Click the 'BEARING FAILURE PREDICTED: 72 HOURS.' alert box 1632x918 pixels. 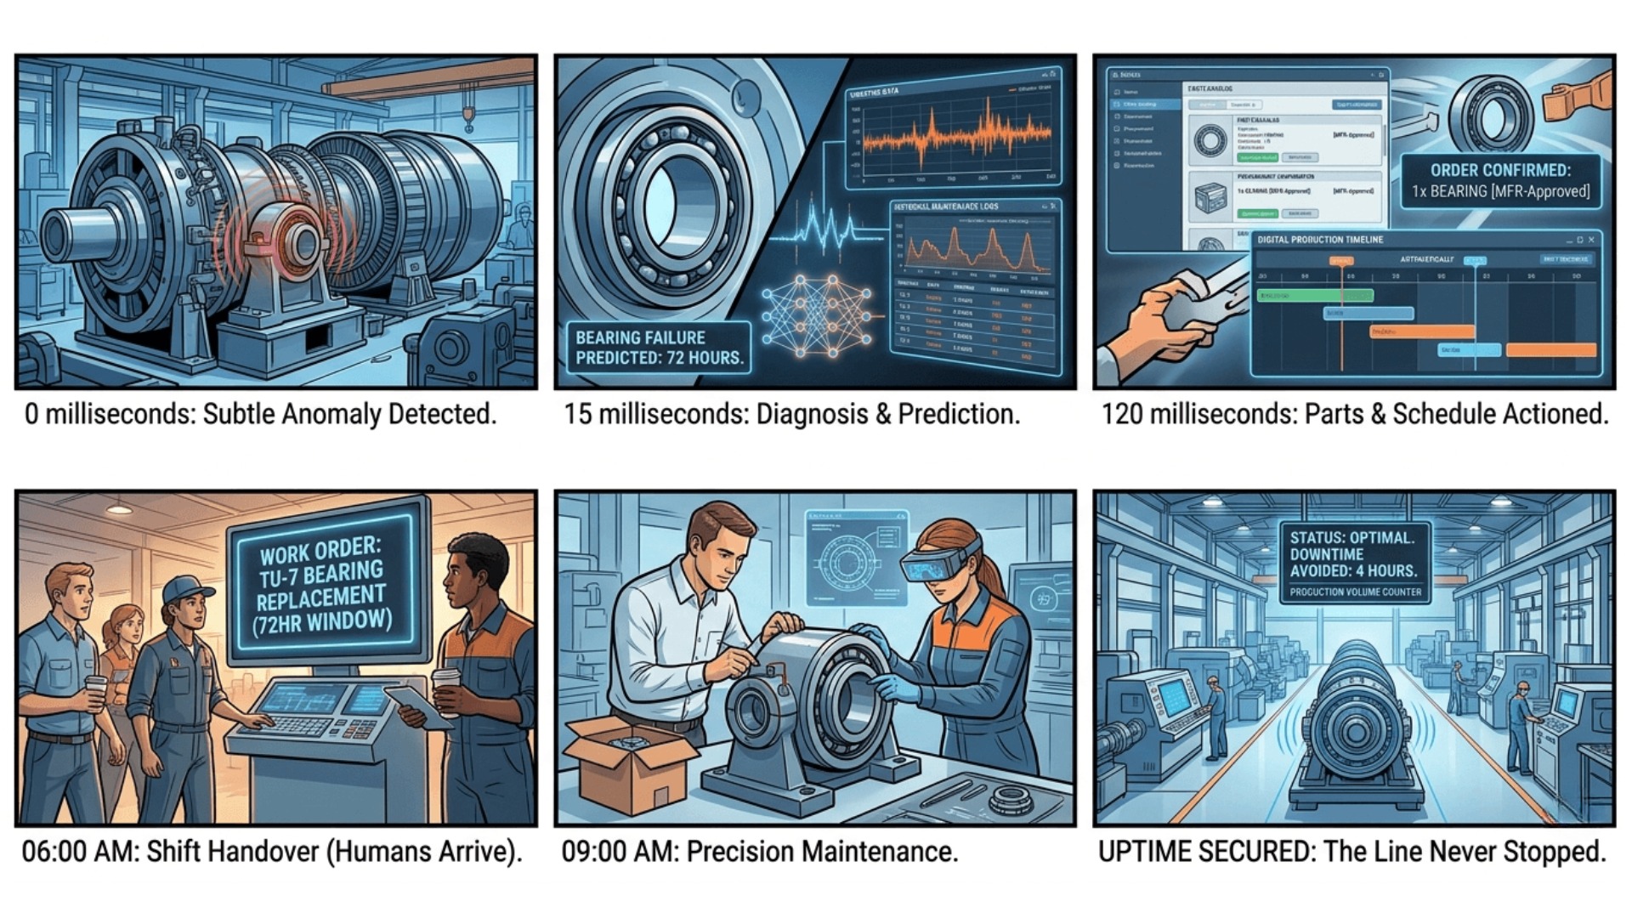(659, 348)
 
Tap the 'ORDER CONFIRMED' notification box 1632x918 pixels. (1500, 180)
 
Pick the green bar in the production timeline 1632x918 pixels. (1314, 295)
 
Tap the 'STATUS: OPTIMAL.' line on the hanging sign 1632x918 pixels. (1351, 538)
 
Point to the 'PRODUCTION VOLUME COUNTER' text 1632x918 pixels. (1355, 592)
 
